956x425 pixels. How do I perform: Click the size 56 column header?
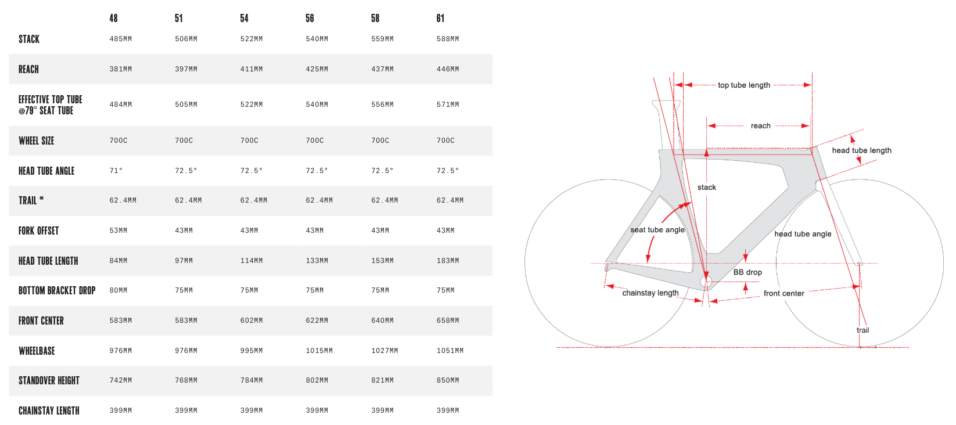tap(310, 19)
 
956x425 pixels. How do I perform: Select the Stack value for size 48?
tap(121, 39)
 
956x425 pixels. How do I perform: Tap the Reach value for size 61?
tap(448, 69)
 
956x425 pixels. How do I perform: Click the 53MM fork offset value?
tap(118, 231)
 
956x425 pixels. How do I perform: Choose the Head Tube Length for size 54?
tap(251, 261)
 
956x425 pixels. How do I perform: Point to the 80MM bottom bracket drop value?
tap(118, 290)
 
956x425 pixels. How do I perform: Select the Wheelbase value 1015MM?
tap(319, 351)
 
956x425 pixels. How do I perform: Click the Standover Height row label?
tap(49, 381)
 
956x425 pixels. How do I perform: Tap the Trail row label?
tap(31, 200)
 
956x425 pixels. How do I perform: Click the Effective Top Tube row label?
tap(51, 105)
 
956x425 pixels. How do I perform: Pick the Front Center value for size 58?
tap(382, 320)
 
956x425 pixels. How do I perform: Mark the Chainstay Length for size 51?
tap(186, 410)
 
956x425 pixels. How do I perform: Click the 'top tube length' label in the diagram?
tap(744, 85)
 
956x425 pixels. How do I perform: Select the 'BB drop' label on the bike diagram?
tap(747, 272)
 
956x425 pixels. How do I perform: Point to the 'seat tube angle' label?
tap(657, 230)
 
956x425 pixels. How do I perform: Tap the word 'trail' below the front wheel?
tap(862, 330)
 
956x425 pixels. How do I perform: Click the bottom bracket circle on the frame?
tap(706, 282)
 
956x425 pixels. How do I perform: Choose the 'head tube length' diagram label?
tap(862, 150)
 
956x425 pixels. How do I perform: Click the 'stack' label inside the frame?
tap(707, 188)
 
